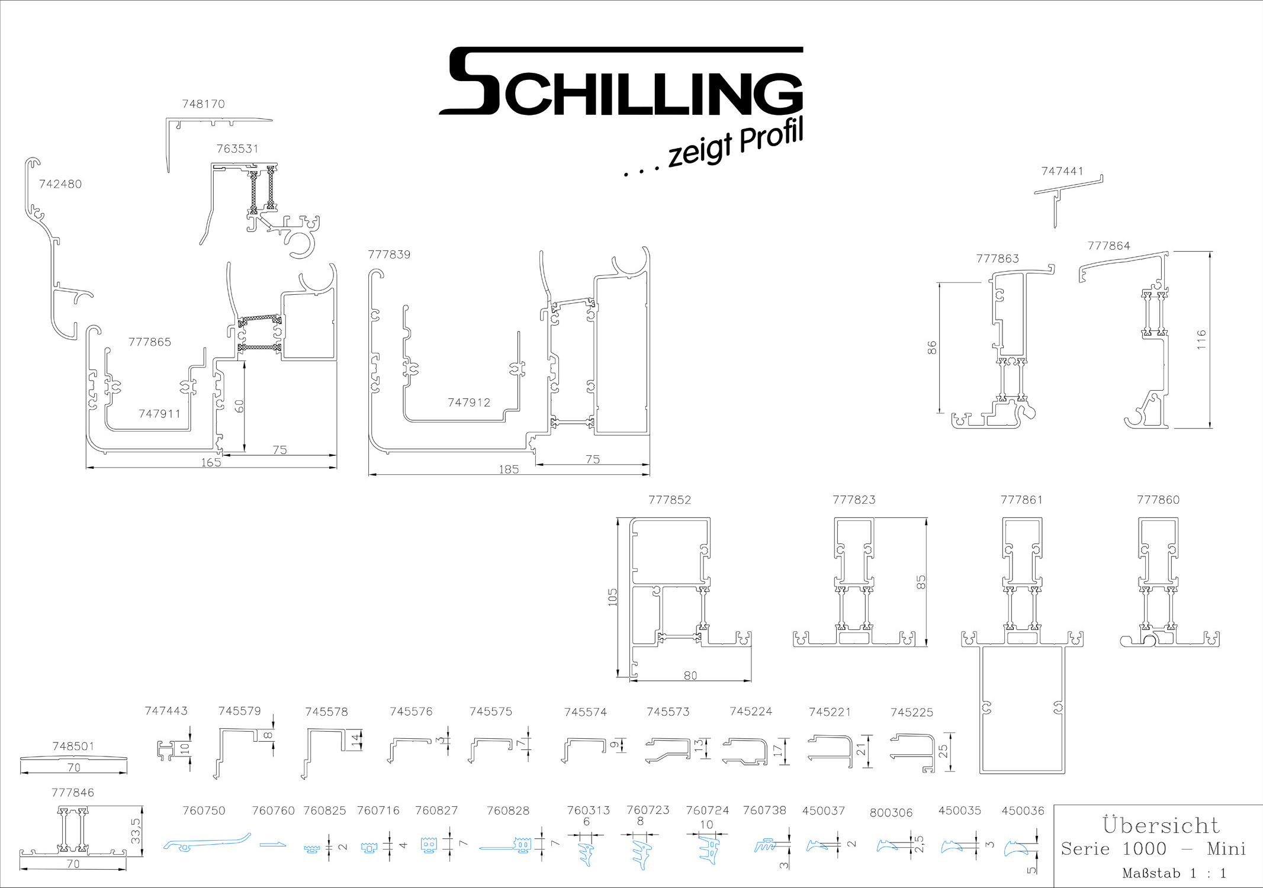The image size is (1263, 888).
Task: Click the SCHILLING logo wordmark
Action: pyautogui.click(x=621, y=81)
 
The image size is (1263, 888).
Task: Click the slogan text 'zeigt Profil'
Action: pyautogui.click(x=735, y=143)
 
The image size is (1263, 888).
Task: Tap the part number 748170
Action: pyautogui.click(x=203, y=104)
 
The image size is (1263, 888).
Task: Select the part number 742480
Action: pyautogui.click(x=60, y=184)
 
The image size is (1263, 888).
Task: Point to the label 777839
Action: pyautogui.click(x=389, y=255)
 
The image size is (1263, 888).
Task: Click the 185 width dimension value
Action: pyautogui.click(x=509, y=469)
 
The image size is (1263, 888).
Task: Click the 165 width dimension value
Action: pyautogui.click(x=211, y=462)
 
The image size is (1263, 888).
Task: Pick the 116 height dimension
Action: pyautogui.click(x=1201, y=339)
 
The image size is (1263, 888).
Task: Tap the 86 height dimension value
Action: pyautogui.click(x=932, y=348)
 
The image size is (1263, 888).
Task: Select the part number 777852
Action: pyautogui.click(x=670, y=500)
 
